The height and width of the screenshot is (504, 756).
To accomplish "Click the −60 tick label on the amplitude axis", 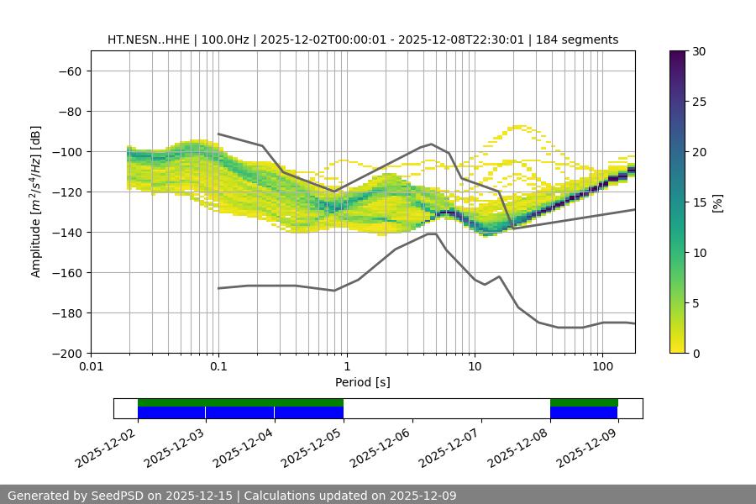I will [x=69, y=71].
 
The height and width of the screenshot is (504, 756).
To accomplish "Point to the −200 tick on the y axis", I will [x=66, y=353].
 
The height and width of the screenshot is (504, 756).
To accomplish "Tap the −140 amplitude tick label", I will [x=66, y=232].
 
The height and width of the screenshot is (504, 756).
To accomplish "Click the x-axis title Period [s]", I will [x=362, y=383].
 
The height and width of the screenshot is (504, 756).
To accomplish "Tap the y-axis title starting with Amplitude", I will [x=36, y=202].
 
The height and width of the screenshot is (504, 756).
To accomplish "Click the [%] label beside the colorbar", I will [x=717, y=202].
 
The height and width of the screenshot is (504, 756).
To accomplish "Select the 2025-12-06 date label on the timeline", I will [x=381, y=447].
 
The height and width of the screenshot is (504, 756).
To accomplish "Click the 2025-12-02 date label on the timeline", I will [x=105, y=447].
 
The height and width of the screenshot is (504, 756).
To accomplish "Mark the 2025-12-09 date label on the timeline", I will [x=586, y=447].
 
